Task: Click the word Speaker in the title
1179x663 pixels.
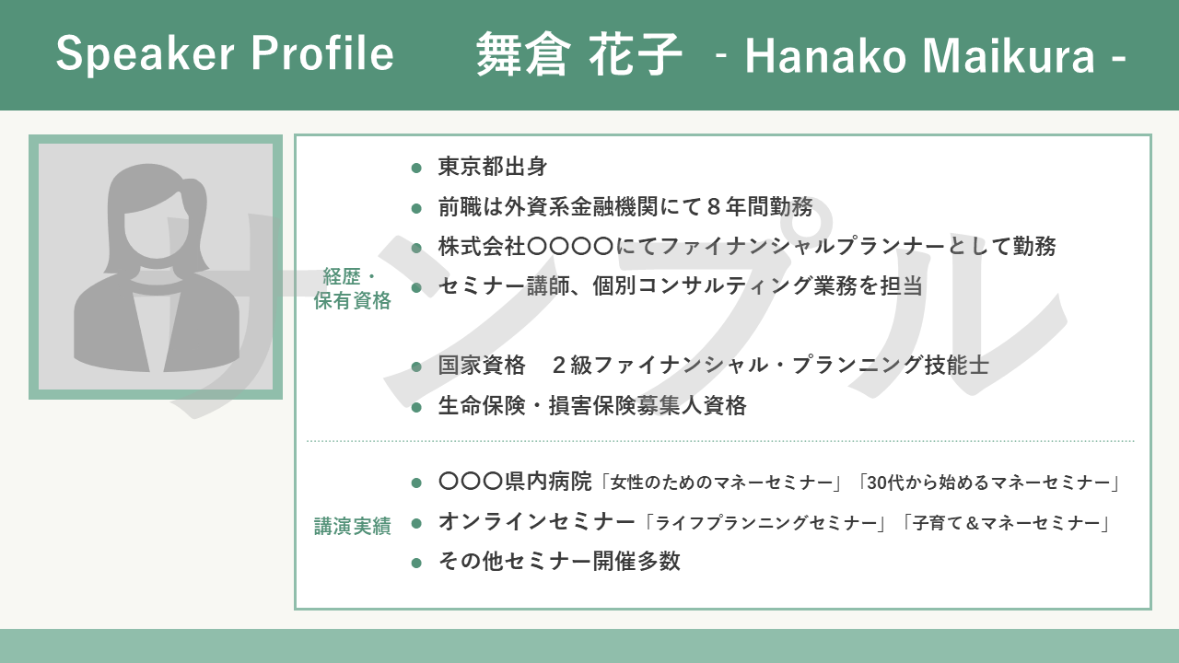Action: pos(146,54)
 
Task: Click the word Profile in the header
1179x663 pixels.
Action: pos(322,52)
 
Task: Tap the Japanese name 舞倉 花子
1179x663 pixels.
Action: pos(579,54)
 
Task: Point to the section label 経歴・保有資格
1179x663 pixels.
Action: pos(352,288)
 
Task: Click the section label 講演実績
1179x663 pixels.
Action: pos(352,526)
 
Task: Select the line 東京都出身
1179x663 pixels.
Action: pos(493,167)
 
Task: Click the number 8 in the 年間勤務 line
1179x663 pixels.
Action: pos(714,207)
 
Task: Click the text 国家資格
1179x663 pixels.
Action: pos(482,366)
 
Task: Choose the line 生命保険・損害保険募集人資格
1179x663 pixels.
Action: pos(592,406)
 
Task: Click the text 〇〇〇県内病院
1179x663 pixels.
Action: pos(515,482)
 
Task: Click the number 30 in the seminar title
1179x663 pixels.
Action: pos(877,483)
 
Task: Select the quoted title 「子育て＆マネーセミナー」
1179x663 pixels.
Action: pos(1007,523)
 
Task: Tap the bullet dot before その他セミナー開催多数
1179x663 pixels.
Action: pos(416,563)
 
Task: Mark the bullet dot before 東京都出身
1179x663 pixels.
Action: pos(416,169)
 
